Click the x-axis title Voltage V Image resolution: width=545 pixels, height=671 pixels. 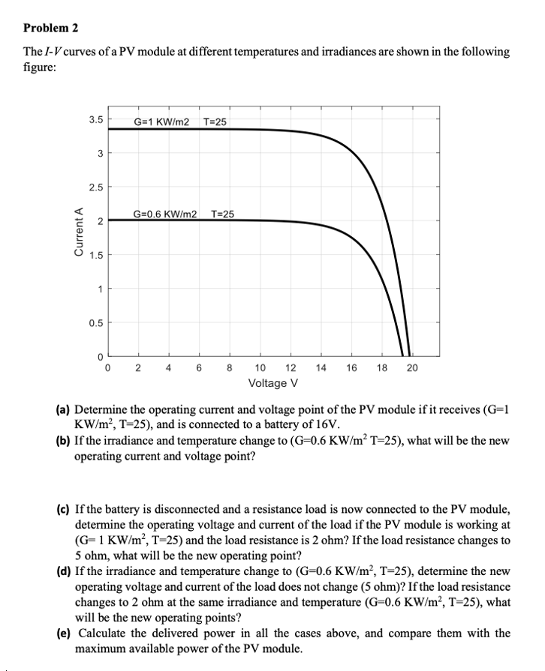[x=273, y=384]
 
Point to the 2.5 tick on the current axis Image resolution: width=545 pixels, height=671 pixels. [x=95, y=186]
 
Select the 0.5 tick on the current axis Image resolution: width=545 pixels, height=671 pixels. [x=95, y=322]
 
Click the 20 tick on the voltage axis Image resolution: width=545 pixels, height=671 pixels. [x=412, y=368]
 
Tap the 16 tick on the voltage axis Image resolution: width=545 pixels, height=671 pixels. [x=351, y=368]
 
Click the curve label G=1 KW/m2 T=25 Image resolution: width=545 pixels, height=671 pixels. [x=180, y=122]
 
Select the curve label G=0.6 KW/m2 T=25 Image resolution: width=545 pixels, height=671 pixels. [x=184, y=214]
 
